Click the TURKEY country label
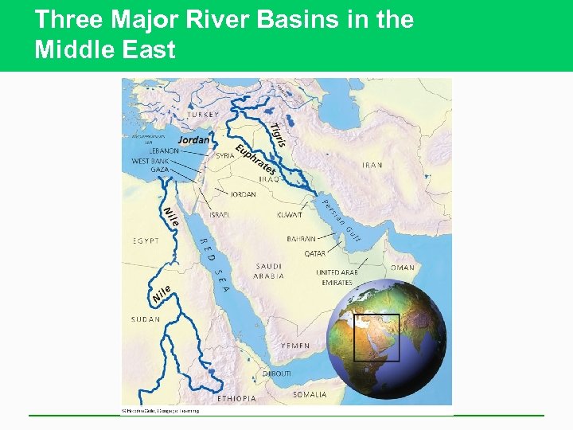(202, 115)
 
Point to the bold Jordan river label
(193, 140)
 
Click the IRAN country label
(372, 165)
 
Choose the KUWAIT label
(289, 215)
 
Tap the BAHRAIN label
(302, 239)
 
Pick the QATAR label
(314, 254)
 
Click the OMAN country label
(403, 268)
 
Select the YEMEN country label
(295, 346)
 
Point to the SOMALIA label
(310, 394)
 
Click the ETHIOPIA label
(237, 398)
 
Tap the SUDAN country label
(146, 319)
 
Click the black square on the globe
(376, 338)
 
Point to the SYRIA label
(225, 156)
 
